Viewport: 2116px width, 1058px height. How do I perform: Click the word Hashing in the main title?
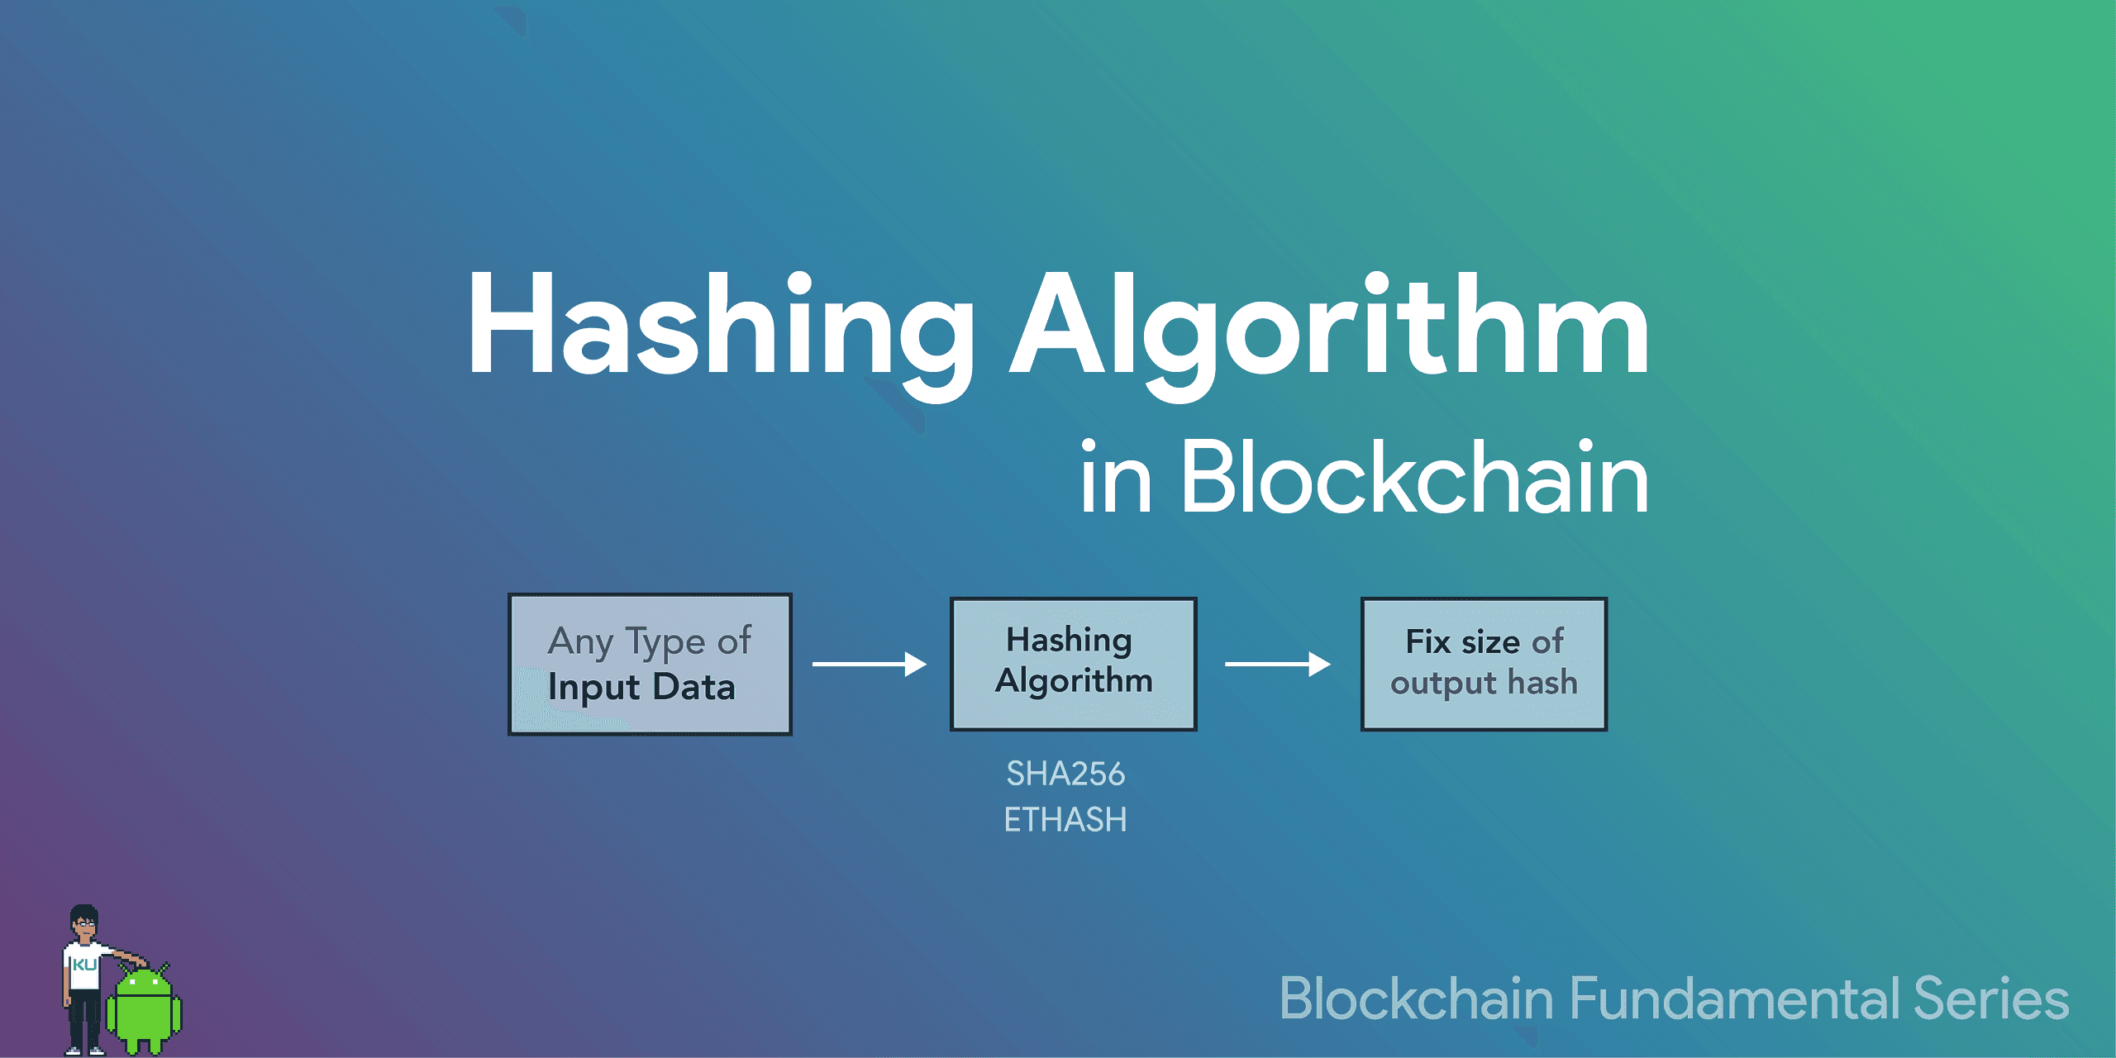719,326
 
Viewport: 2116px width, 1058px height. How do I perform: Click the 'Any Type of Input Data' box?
650,664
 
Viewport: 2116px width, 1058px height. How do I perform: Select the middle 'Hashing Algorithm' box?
1073,664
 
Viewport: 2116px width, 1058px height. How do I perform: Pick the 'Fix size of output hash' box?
1484,664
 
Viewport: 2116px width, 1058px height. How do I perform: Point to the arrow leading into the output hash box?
1277,664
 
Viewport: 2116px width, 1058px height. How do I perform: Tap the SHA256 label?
1065,774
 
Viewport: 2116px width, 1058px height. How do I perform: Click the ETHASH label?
1065,820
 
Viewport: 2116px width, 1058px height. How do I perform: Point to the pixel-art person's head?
84,921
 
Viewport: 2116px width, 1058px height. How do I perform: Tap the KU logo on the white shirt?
84,965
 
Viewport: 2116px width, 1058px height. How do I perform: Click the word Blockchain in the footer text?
1417,998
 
